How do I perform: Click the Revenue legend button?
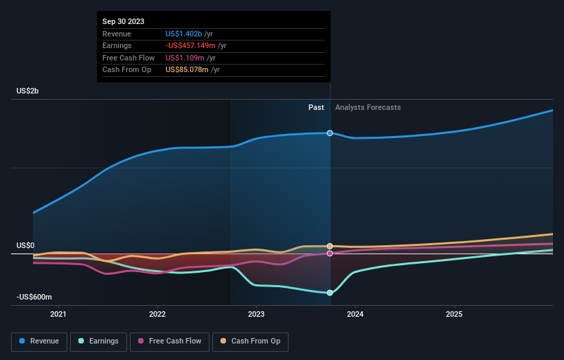click(x=40, y=341)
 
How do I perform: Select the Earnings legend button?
click(x=99, y=341)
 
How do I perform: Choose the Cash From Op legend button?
click(x=251, y=341)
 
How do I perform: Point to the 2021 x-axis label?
click(x=58, y=315)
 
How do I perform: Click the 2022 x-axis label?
click(x=157, y=315)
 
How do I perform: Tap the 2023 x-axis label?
click(x=256, y=315)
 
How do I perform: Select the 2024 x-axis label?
click(x=355, y=315)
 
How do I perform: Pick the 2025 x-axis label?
click(x=454, y=315)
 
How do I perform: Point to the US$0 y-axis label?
click(x=25, y=245)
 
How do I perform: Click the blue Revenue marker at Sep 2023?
click(x=330, y=133)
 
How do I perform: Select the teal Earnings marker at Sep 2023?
click(x=330, y=293)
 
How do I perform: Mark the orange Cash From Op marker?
click(x=330, y=246)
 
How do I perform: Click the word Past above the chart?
click(x=316, y=108)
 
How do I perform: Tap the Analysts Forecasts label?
click(x=368, y=108)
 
